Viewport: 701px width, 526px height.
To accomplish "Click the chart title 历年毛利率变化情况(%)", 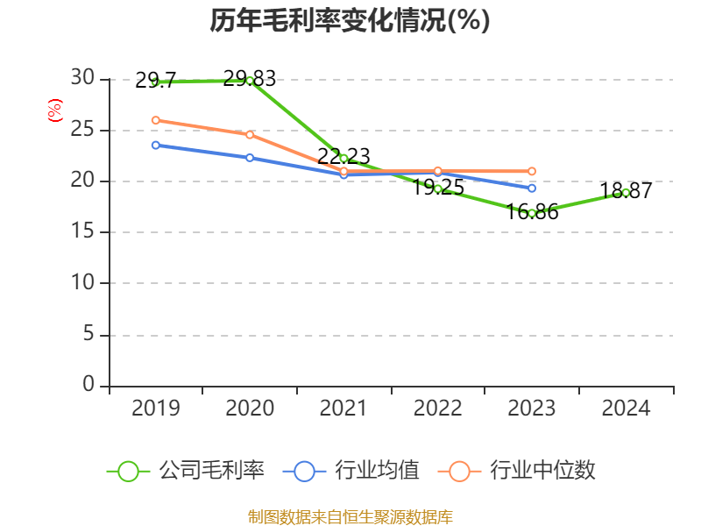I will pyautogui.click(x=350, y=20).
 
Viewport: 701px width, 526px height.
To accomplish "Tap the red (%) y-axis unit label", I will pyautogui.click(x=55, y=110).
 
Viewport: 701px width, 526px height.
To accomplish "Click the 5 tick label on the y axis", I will pyautogui.click(x=88, y=335).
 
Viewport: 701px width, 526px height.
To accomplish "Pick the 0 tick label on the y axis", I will pyautogui.click(x=88, y=385).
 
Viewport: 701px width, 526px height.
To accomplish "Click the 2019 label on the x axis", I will pyautogui.click(x=155, y=408).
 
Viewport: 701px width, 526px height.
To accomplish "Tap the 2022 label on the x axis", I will pyautogui.click(x=437, y=408).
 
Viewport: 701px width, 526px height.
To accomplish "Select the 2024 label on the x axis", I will pyautogui.click(x=626, y=408).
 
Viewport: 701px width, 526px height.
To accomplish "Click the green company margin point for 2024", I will pyautogui.click(x=626, y=192).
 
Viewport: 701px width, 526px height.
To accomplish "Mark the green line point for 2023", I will pyautogui.click(x=532, y=213).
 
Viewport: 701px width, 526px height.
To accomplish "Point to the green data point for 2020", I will pyautogui.click(x=250, y=81).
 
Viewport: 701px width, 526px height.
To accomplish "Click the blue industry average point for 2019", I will pyautogui.click(x=155, y=145).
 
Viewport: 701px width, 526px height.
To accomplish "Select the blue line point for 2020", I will pyautogui.click(x=250, y=158).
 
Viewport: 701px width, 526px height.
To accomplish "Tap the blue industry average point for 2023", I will pyautogui.click(x=532, y=188).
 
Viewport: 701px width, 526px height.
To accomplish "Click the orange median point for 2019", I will pyautogui.click(x=155, y=120).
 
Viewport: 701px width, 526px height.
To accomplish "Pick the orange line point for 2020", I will pyautogui.click(x=250, y=134).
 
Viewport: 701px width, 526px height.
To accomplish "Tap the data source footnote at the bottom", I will pyautogui.click(x=350, y=516).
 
